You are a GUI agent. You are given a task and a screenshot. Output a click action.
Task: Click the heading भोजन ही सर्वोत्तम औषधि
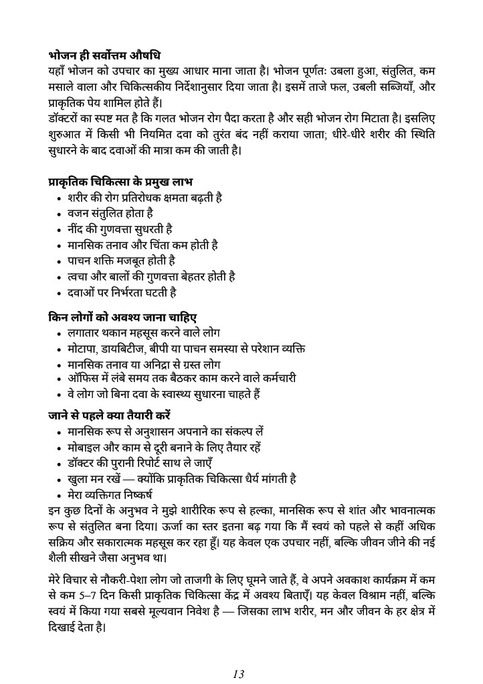(x=104, y=55)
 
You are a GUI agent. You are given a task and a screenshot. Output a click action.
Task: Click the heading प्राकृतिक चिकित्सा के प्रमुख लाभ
(x=121, y=182)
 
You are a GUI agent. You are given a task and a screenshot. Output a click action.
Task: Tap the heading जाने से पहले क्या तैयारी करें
(x=110, y=415)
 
